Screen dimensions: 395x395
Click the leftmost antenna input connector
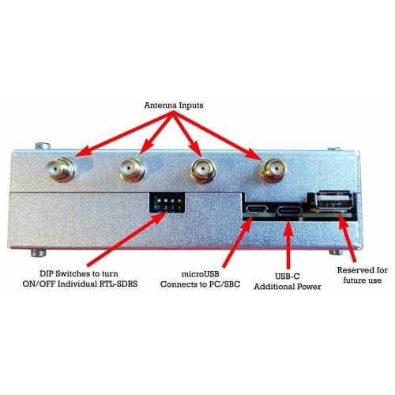pyautogui.click(x=61, y=170)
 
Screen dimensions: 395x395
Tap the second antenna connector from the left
pyautogui.click(x=132, y=169)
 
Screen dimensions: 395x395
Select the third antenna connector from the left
pyautogui.click(x=203, y=171)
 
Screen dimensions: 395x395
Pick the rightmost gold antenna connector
pyautogui.click(x=273, y=171)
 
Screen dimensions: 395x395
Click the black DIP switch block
pyautogui.click(x=167, y=202)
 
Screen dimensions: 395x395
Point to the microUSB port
pyautogui.click(x=257, y=209)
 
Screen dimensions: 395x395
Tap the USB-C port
pyautogui.click(x=289, y=211)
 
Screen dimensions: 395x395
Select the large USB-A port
pyautogui.click(x=333, y=200)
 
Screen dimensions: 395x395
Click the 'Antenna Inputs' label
pyautogui.click(x=174, y=105)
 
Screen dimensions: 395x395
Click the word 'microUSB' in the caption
pyautogui.click(x=200, y=274)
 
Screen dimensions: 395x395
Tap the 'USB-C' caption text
pyautogui.click(x=288, y=276)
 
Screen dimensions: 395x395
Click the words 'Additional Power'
pyautogui.click(x=288, y=287)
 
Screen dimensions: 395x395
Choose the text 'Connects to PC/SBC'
pyautogui.click(x=200, y=284)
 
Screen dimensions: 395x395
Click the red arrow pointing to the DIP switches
pyautogui.click(x=127, y=239)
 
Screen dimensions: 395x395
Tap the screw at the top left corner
pyautogui.click(x=43, y=145)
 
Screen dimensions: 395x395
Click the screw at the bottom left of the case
pyautogui.click(x=39, y=253)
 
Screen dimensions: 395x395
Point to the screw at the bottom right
pyautogui.click(x=337, y=253)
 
